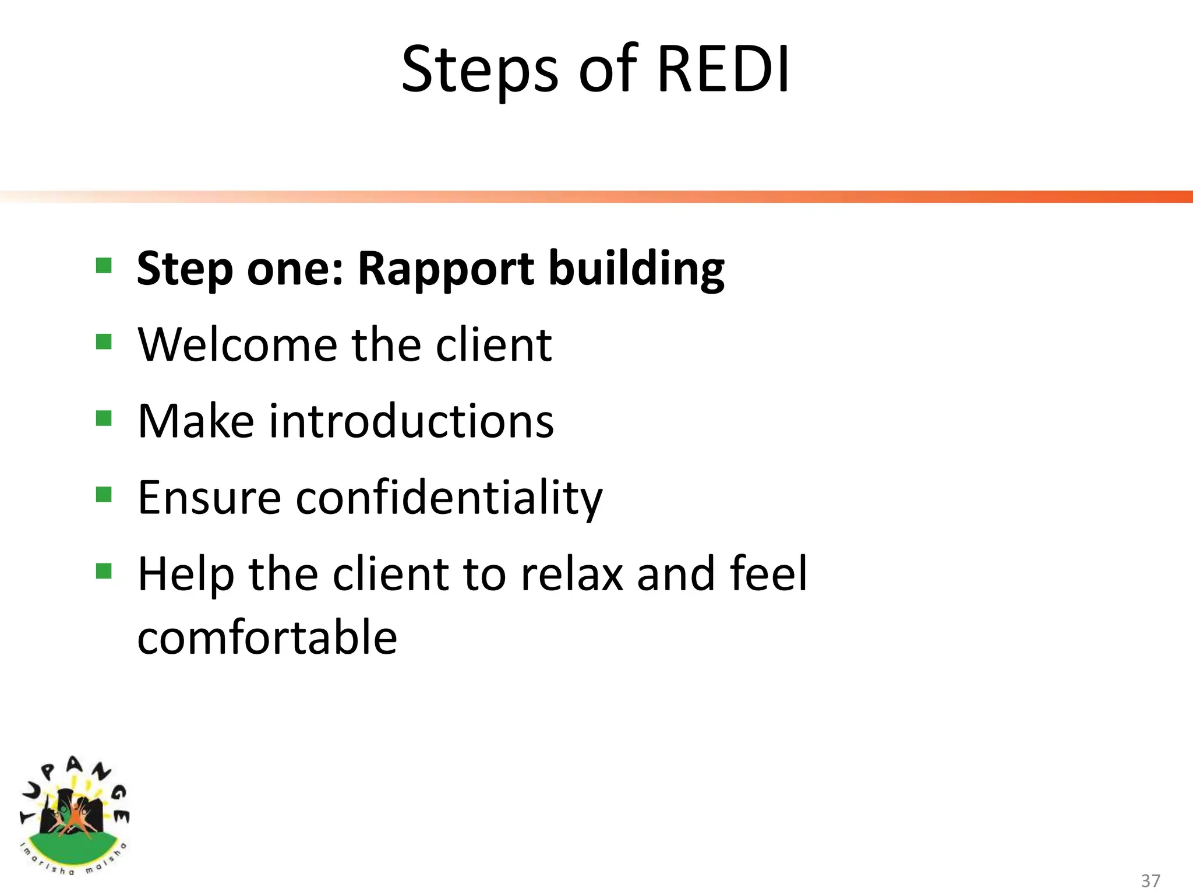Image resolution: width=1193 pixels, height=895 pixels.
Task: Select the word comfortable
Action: pos(267,637)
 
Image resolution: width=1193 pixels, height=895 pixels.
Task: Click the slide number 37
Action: pos(1150,880)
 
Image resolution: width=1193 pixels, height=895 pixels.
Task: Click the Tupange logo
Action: pos(74,816)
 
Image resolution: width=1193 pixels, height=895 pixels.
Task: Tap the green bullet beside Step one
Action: pos(104,266)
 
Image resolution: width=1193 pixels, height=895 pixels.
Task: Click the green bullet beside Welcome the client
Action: pos(104,341)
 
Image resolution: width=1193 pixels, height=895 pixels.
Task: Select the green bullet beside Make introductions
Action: pos(104,418)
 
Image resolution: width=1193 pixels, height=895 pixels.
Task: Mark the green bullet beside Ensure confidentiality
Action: pos(104,495)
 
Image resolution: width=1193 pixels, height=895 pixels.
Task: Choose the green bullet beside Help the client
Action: pos(104,571)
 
